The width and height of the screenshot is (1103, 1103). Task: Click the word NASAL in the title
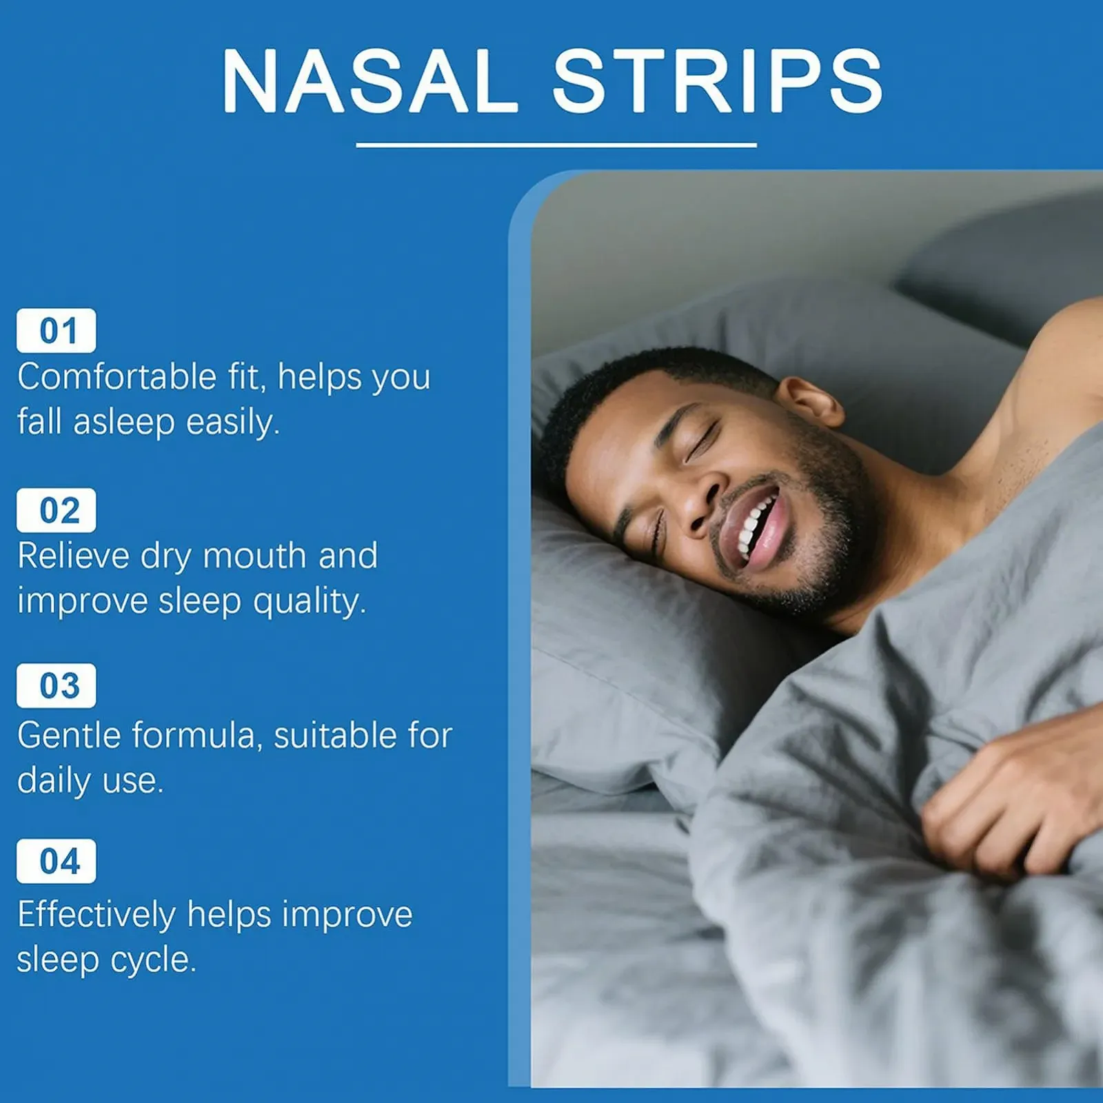(370, 81)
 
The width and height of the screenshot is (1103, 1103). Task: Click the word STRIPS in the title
(718, 81)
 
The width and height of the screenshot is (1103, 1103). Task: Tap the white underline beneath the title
(556, 145)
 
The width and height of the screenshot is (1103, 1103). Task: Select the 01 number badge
(57, 331)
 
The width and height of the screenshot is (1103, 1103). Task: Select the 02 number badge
(57, 510)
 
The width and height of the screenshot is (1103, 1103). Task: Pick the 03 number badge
(57, 686)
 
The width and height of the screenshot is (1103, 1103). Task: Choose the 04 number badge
(57, 862)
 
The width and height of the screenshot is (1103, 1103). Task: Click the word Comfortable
(117, 377)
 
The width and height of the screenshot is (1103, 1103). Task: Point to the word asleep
(124, 422)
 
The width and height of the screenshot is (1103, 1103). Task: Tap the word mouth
(254, 556)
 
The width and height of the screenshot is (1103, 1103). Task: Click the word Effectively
(97, 915)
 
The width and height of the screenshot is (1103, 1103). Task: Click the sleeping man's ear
(811, 401)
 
